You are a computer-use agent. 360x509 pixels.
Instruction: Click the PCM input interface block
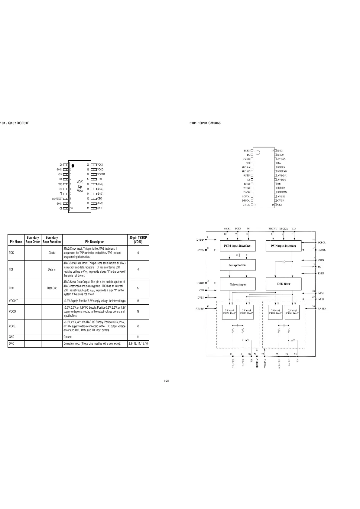(x=237, y=246)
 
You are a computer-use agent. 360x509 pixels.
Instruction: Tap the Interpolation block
(x=237, y=265)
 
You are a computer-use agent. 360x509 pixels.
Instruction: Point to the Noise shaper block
(x=238, y=284)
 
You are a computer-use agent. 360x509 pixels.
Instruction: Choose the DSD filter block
(x=284, y=284)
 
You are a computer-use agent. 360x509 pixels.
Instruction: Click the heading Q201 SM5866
(x=205, y=123)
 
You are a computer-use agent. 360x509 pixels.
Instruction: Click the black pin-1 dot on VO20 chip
(x=73, y=165)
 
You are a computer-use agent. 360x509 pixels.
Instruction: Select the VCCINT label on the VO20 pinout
(x=101, y=174)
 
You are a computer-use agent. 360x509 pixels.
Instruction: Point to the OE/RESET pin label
(x=57, y=199)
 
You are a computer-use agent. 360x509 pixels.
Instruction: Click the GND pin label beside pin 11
(x=100, y=208)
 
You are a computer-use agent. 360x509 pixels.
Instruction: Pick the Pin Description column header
(x=95, y=242)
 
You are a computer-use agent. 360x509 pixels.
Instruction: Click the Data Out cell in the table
(x=52, y=288)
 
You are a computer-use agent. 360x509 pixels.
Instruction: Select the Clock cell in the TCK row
(x=52, y=253)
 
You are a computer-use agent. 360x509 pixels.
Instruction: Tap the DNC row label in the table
(x=11, y=343)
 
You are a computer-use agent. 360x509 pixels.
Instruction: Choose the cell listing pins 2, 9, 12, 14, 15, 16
(x=138, y=343)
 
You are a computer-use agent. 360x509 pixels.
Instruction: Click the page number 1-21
(x=166, y=381)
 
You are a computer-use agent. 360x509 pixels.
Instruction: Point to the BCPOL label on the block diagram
(x=322, y=242)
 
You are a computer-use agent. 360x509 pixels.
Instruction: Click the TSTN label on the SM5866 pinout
(x=247, y=151)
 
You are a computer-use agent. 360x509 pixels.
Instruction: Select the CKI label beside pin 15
(x=280, y=205)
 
